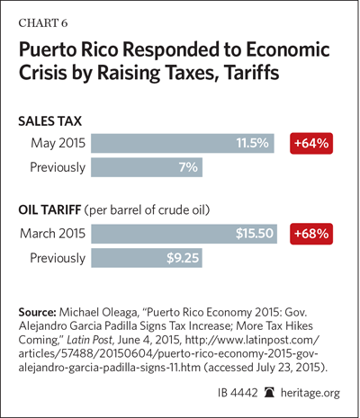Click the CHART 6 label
point(43,23)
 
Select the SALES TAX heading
point(49,121)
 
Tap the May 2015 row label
point(58,143)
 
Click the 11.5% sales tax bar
point(183,143)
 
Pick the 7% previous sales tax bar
point(147,167)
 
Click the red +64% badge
point(311,143)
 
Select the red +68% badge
point(311,234)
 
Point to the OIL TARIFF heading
point(49,210)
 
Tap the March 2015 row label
point(53,234)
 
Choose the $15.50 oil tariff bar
point(184,234)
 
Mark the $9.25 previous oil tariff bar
point(147,258)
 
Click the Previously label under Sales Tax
point(58,167)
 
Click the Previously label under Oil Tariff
point(58,258)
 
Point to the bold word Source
point(38,312)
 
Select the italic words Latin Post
point(89,340)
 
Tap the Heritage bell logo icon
point(269,393)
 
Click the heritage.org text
point(310,393)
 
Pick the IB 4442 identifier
point(238,393)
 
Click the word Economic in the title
point(288,49)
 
